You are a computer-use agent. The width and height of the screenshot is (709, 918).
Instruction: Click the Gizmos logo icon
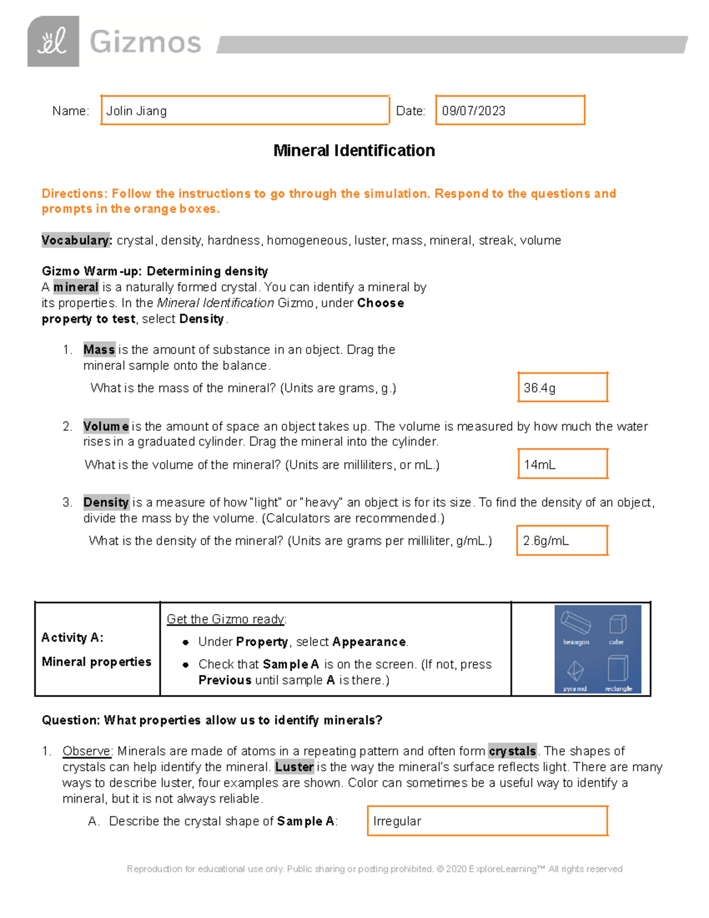coord(53,41)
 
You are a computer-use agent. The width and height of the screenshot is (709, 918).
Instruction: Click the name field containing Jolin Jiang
coord(245,111)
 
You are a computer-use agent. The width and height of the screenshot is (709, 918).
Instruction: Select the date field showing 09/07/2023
coord(510,111)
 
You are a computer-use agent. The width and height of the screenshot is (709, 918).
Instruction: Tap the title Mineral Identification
coord(354,151)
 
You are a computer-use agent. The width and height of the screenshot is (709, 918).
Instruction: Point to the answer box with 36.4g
coord(562,388)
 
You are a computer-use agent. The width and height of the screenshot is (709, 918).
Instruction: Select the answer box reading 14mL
coord(562,464)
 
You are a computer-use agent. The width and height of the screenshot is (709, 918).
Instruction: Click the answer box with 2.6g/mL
coord(562,540)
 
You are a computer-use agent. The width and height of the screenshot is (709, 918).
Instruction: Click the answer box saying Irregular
coord(487,821)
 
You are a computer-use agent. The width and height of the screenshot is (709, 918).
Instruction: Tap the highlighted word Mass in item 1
coord(99,350)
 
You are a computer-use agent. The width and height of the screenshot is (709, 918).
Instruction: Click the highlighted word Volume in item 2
coord(106,426)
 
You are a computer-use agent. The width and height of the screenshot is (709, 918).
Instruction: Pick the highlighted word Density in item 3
coord(106,502)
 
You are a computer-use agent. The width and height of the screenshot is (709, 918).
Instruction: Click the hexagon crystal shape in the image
coord(575,623)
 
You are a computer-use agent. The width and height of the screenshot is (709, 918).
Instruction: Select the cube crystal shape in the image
coord(617,624)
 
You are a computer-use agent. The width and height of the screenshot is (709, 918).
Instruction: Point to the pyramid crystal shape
coord(575,672)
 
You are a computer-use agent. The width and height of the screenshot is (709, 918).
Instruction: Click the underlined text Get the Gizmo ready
coord(226,619)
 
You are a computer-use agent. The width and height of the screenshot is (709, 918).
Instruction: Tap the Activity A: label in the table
coord(72,638)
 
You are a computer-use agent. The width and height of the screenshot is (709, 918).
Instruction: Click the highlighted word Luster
coord(294,767)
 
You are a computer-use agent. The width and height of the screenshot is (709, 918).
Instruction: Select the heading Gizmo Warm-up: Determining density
coord(155,271)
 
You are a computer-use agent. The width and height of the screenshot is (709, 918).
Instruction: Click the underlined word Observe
coord(86,751)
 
